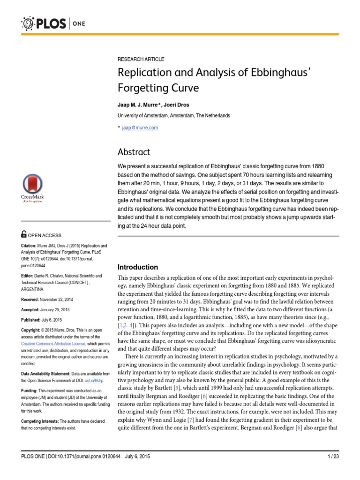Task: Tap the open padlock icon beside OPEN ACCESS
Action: pos(24,235)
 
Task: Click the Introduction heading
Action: pos(137,267)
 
